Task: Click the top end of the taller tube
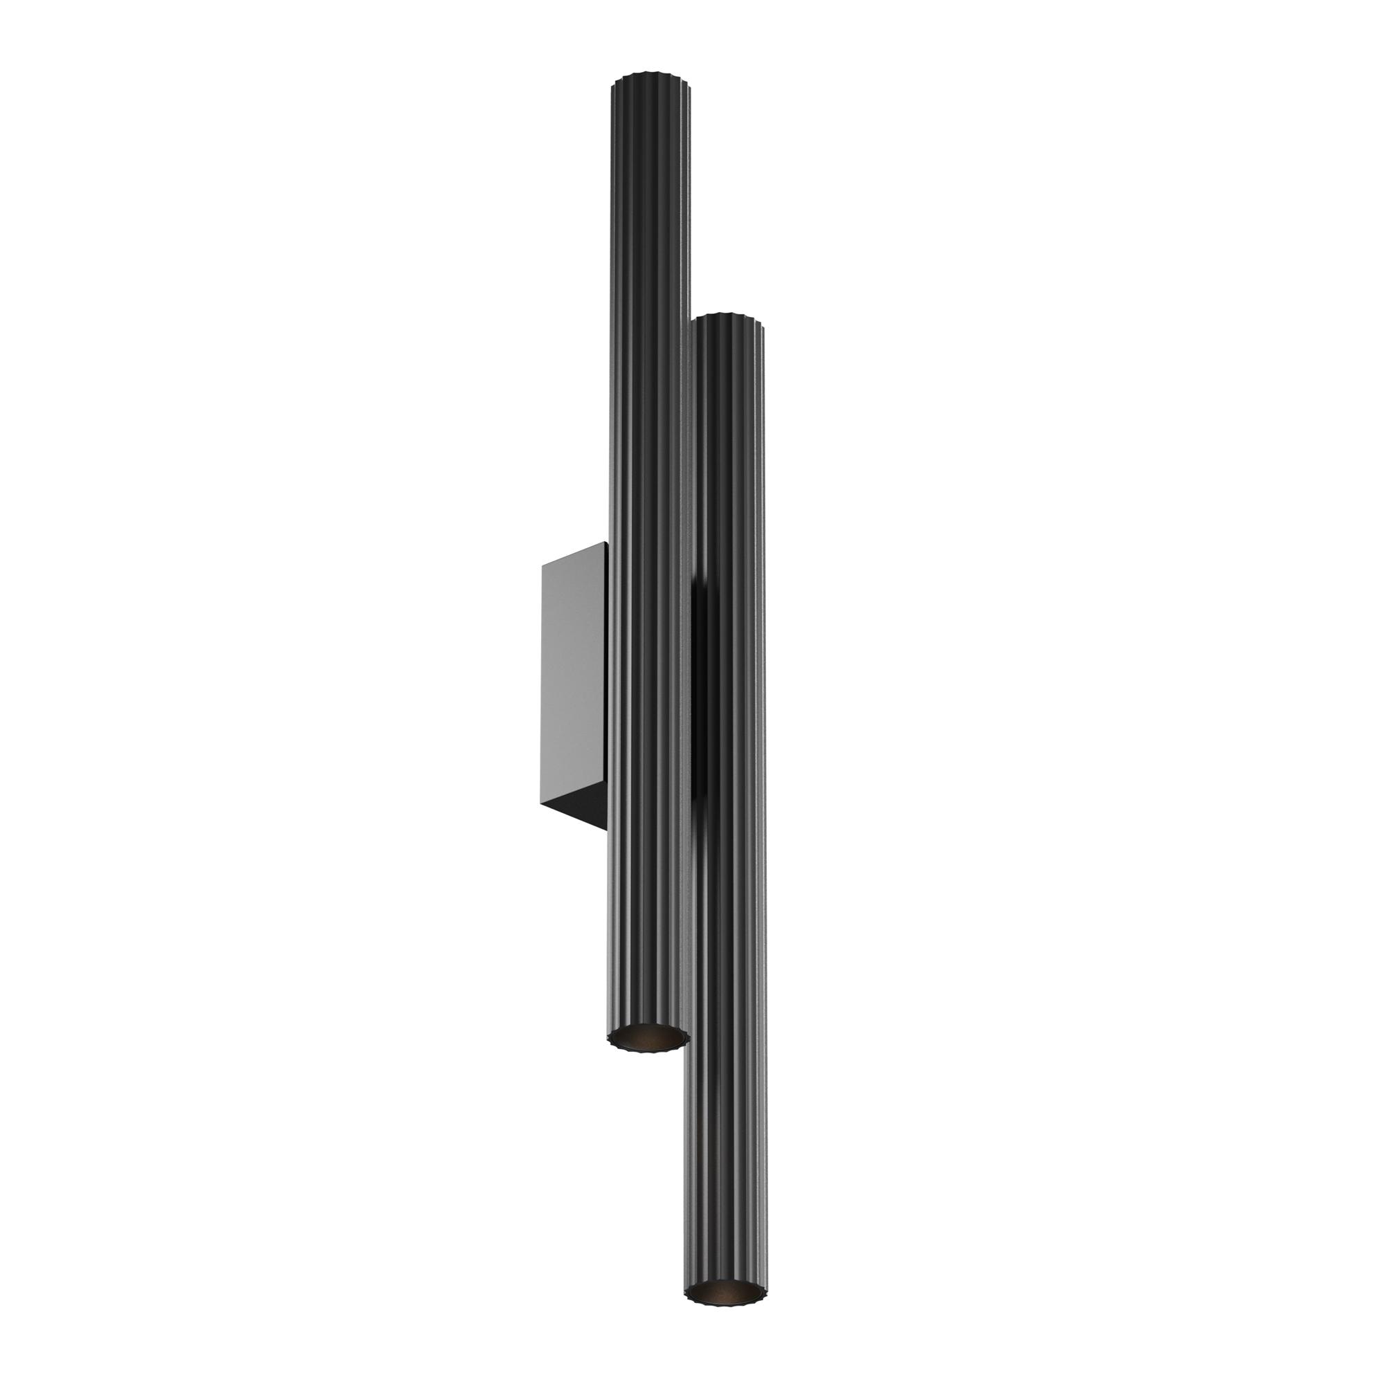pyautogui.click(x=650, y=78)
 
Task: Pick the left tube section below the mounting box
pyautogui.click(x=645, y=931)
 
